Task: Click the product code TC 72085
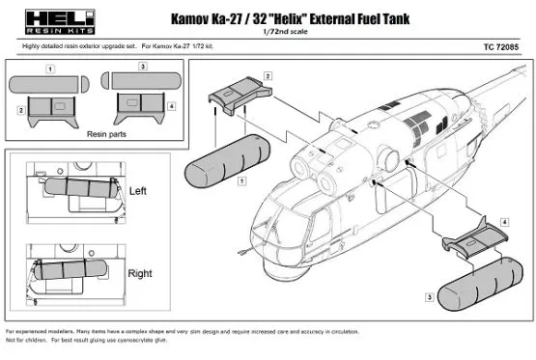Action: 502,45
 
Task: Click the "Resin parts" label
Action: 95,137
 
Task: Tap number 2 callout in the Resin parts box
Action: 20,111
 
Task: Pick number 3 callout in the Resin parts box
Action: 142,66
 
